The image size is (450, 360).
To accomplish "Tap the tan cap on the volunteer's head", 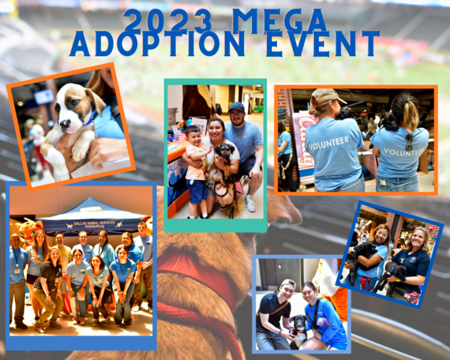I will coord(324,98).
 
